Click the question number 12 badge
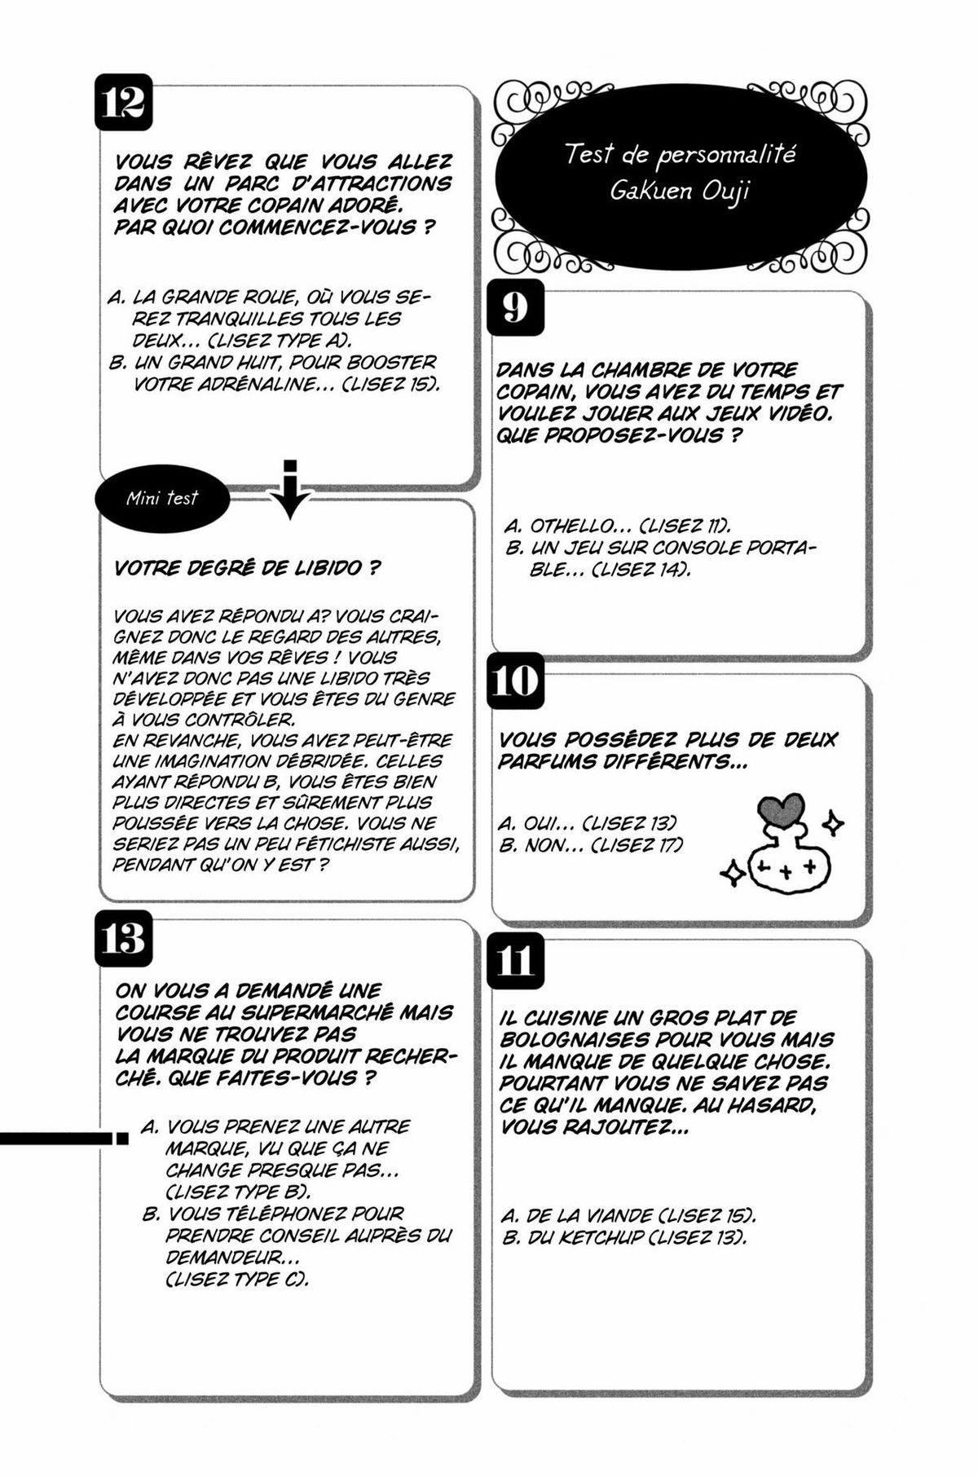(x=124, y=102)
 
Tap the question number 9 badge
(x=515, y=307)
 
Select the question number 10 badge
(x=516, y=681)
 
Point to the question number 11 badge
(x=516, y=961)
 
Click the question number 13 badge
(x=124, y=938)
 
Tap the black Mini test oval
(x=162, y=499)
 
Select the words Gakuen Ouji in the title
(x=680, y=192)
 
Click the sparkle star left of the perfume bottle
(x=732, y=875)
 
